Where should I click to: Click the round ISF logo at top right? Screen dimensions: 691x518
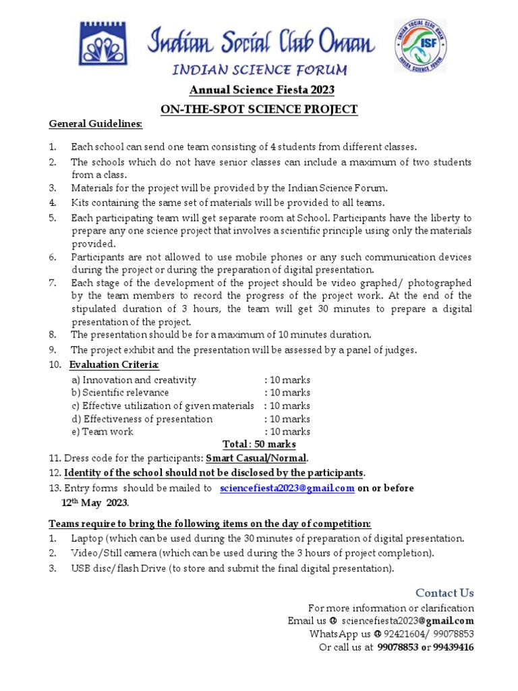tap(420, 45)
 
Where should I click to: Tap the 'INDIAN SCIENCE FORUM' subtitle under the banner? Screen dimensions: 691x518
tap(260, 70)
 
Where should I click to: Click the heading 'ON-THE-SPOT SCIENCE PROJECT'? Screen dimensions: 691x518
tap(258, 109)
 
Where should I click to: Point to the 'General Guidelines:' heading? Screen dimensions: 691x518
tap(95, 124)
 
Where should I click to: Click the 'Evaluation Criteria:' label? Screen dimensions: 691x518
tap(114, 365)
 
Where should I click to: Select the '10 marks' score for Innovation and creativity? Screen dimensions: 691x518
tap(287, 380)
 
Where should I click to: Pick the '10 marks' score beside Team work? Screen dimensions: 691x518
tap(287, 431)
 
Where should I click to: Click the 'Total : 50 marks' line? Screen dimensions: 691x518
tap(259, 444)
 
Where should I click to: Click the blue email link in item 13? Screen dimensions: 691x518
tap(287, 489)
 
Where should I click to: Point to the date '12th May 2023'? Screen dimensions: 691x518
tap(94, 503)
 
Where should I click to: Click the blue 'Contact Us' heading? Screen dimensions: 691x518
tap(444, 593)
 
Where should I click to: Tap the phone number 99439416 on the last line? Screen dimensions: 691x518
tap(453, 647)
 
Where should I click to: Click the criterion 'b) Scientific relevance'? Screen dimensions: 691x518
tap(120, 393)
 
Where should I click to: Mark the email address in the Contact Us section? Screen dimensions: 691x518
tap(407, 621)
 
